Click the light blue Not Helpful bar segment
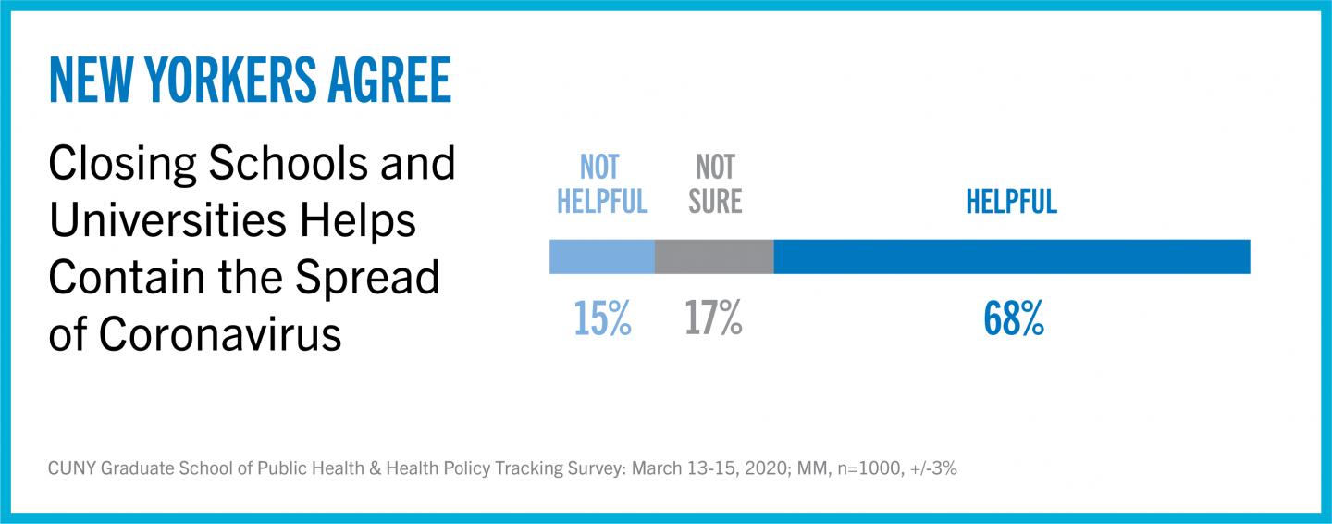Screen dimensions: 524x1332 pos(601,256)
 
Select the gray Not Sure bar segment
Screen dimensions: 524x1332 pos(714,256)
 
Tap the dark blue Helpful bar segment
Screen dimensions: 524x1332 pos(1011,256)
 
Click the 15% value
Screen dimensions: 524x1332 pos(602,318)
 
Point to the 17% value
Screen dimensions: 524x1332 pos(713,318)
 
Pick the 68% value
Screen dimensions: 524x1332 pos(1013,318)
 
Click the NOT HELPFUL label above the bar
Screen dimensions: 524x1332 pos(602,184)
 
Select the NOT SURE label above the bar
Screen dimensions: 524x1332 pos(715,184)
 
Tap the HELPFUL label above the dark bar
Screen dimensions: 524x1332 pos(1011,202)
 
